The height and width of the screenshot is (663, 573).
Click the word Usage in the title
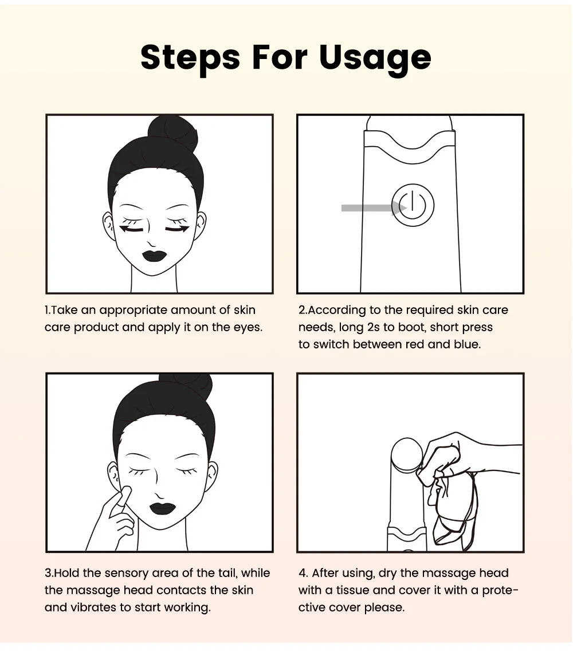click(375, 58)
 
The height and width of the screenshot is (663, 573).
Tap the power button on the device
click(413, 205)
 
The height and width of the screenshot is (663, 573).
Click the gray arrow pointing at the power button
click(374, 207)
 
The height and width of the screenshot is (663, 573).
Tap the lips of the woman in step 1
click(154, 256)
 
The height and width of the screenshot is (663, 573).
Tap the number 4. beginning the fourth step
click(303, 573)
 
